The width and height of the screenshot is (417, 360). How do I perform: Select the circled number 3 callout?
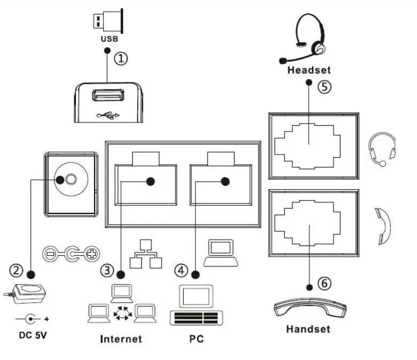tap(109, 271)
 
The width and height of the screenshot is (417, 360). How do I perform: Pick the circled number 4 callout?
tap(183, 271)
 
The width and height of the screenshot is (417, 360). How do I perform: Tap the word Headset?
tap(309, 70)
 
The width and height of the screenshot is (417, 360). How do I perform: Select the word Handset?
tap(308, 328)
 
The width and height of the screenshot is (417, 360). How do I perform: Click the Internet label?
tap(122, 339)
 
